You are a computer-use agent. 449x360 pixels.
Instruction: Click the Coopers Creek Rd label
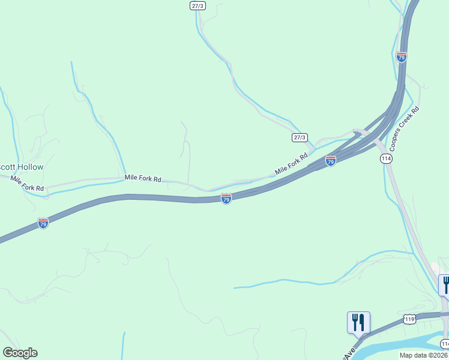(x=404, y=128)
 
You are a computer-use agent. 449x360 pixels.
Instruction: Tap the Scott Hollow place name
(x=22, y=167)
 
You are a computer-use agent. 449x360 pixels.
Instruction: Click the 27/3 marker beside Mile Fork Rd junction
(x=300, y=137)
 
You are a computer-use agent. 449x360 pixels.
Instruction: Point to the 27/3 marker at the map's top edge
(x=197, y=5)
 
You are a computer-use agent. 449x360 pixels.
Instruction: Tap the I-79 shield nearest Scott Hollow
(x=43, y=223)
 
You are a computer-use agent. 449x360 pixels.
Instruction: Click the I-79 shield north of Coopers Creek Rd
(x=402, y=57)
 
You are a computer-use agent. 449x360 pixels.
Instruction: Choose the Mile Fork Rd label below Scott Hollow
(x=27, y=184)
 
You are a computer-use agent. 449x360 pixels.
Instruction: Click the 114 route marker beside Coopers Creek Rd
(x=386, y=158)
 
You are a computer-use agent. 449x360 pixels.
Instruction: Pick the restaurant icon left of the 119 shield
(x=358, y=322)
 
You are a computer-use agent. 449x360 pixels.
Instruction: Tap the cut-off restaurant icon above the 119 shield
(x=445, y=284)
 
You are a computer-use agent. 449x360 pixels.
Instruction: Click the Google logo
(x=20, y=353)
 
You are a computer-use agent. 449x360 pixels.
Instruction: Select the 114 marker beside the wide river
(x=445, y=344)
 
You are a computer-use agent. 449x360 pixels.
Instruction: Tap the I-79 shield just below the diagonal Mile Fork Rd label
(x=330, y=161)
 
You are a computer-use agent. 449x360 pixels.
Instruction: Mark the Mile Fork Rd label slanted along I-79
(x=291, y=164)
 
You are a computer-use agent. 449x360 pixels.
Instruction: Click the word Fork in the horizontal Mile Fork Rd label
(x=142, y=178)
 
